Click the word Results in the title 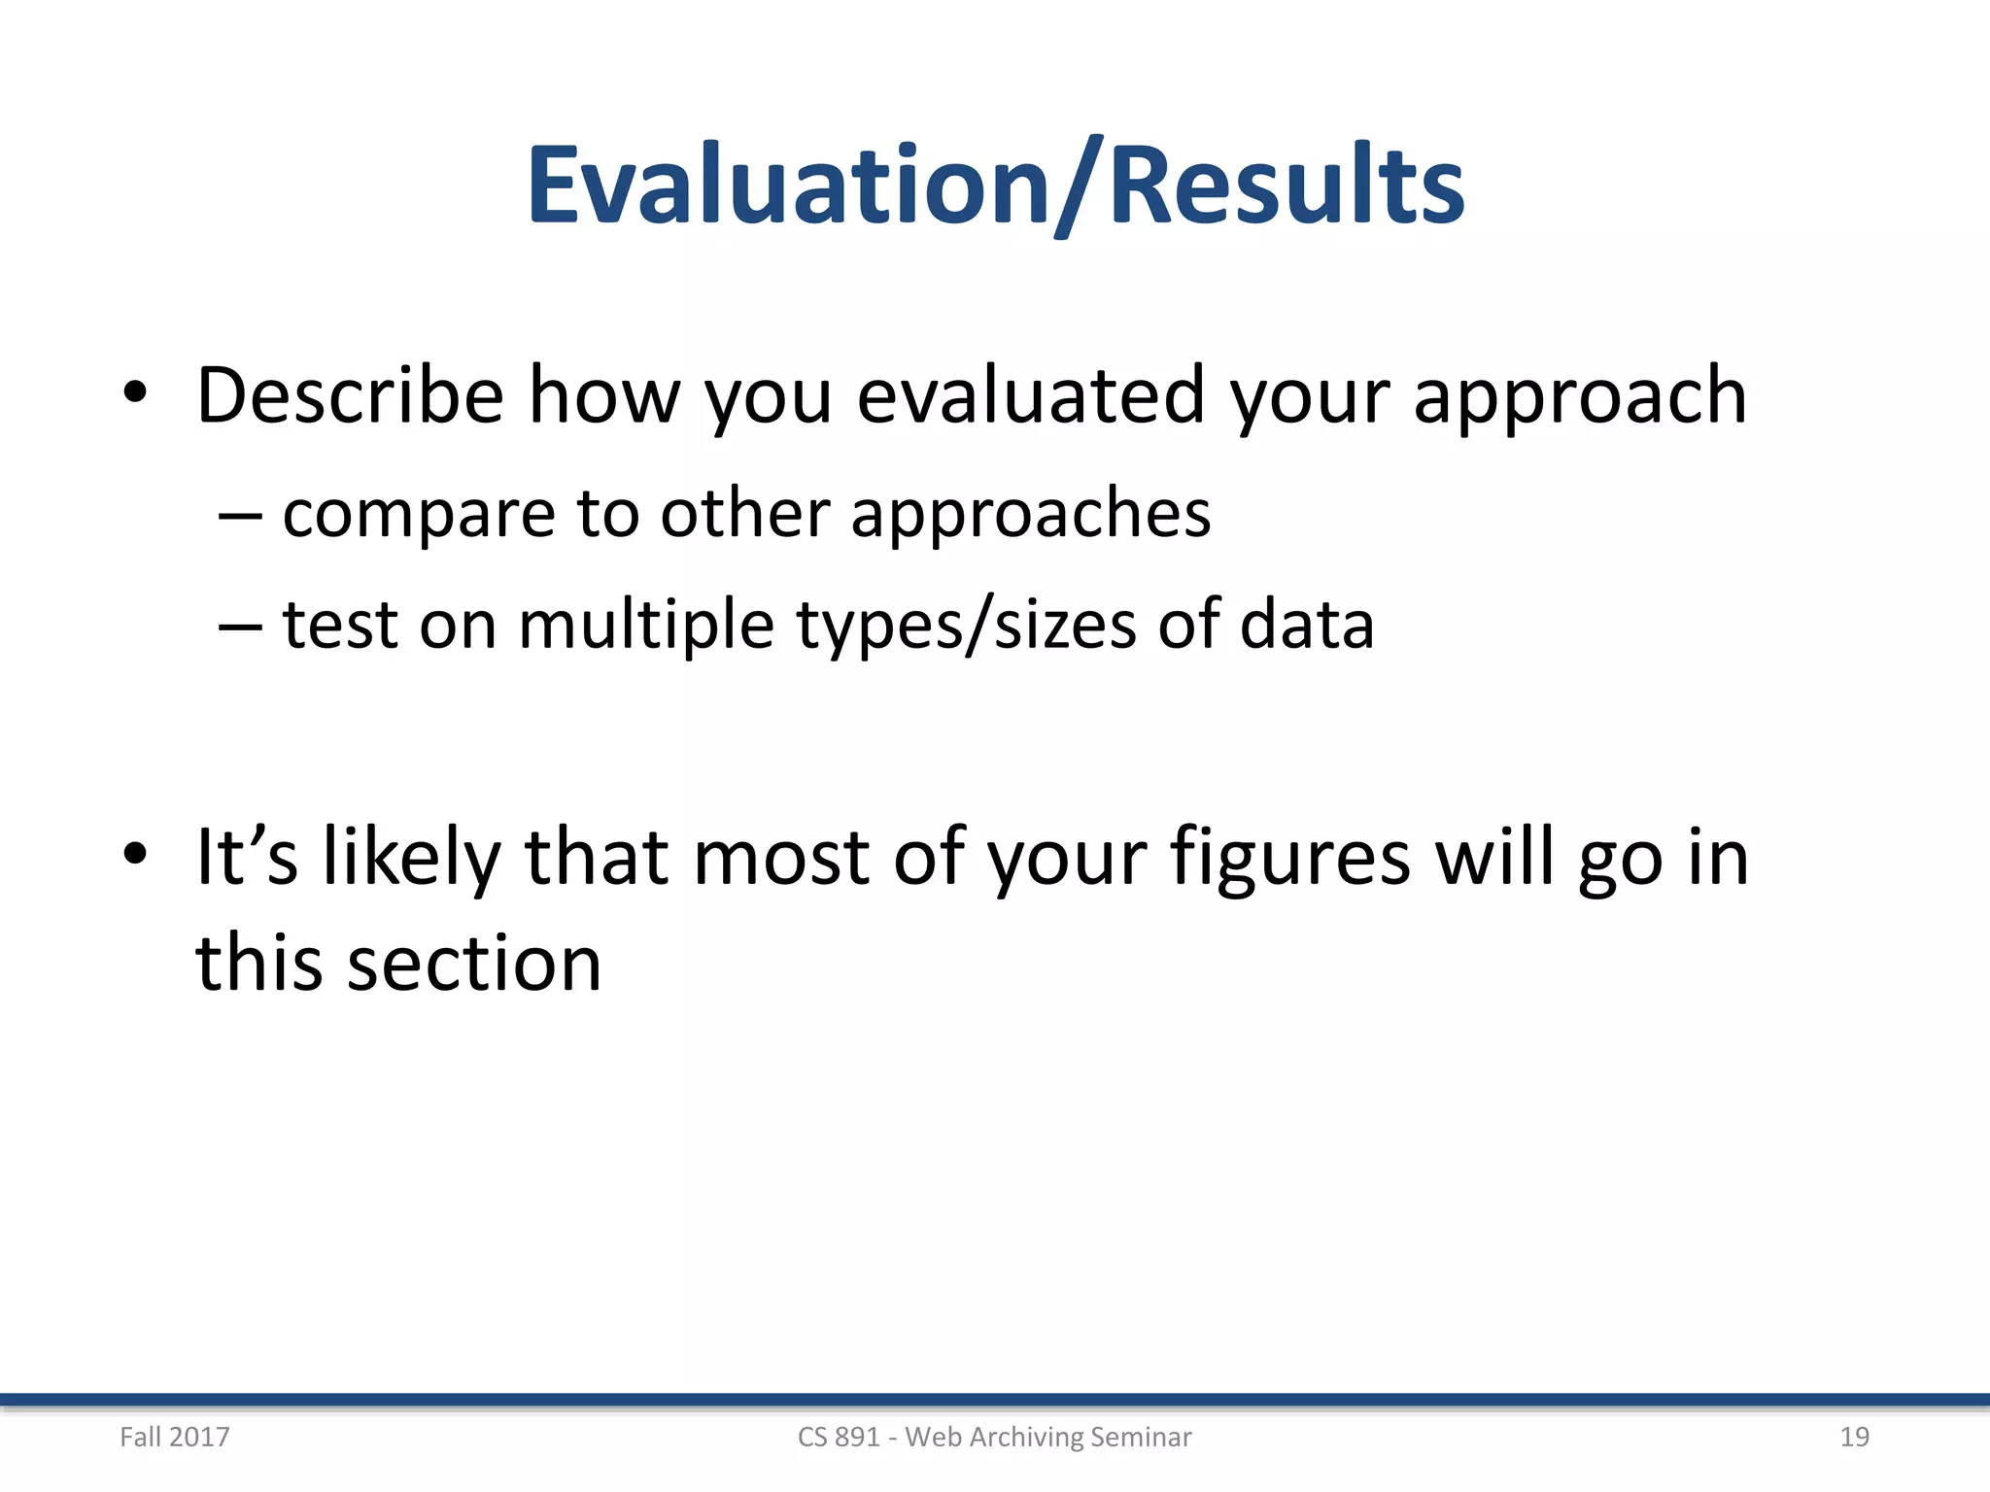click(x=1286, y=185)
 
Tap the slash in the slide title click(x=1080, y=186)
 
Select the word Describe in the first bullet click(x=350, y=395)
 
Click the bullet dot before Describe click(x=135, y=393)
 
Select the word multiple click(x=645, y=625)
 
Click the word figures click(x=1289, y=858)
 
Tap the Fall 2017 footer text click(x=175, y=1437)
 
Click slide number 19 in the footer click(x=1854, y=1437)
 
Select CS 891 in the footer click(x=838, y=1437)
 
